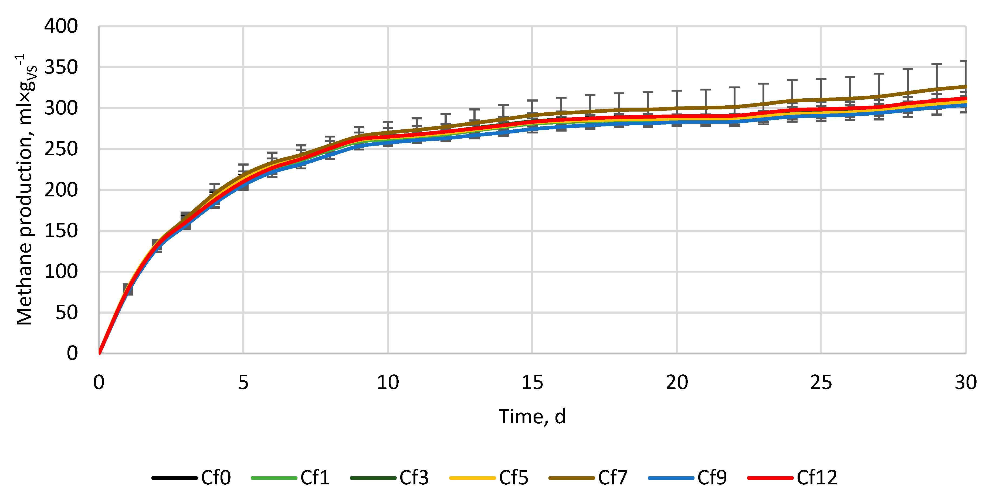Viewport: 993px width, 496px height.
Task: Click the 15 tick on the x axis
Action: click(x=532, y=383)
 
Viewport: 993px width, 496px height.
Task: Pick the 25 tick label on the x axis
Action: click(x=821, y=383)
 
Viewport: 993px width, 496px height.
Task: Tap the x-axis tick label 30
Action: click(x=965, y=383)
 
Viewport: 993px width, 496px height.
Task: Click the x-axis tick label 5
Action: click(x=243, y=383)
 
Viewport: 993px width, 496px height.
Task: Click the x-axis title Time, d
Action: click(x=532, y=417)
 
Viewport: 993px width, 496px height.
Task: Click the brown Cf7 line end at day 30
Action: click(x=965, y=87)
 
